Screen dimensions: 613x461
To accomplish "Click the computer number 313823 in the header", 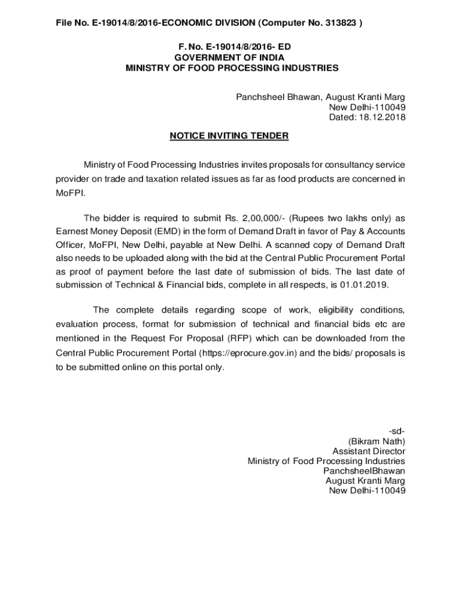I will pyautogui.click(x=341, y=23).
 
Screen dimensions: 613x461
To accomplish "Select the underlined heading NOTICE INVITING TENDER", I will pyautogui.click(x=229, y=136).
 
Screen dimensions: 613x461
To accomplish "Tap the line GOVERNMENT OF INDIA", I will pyautogui.click(x=229, y=57).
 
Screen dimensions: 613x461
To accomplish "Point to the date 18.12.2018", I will pyautogui.click(x=384, y=117).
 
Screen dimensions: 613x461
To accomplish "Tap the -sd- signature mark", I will pyautogui.click(x=397, y=431).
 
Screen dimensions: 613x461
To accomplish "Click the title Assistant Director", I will pyautogui.click(x=369, y=451).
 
